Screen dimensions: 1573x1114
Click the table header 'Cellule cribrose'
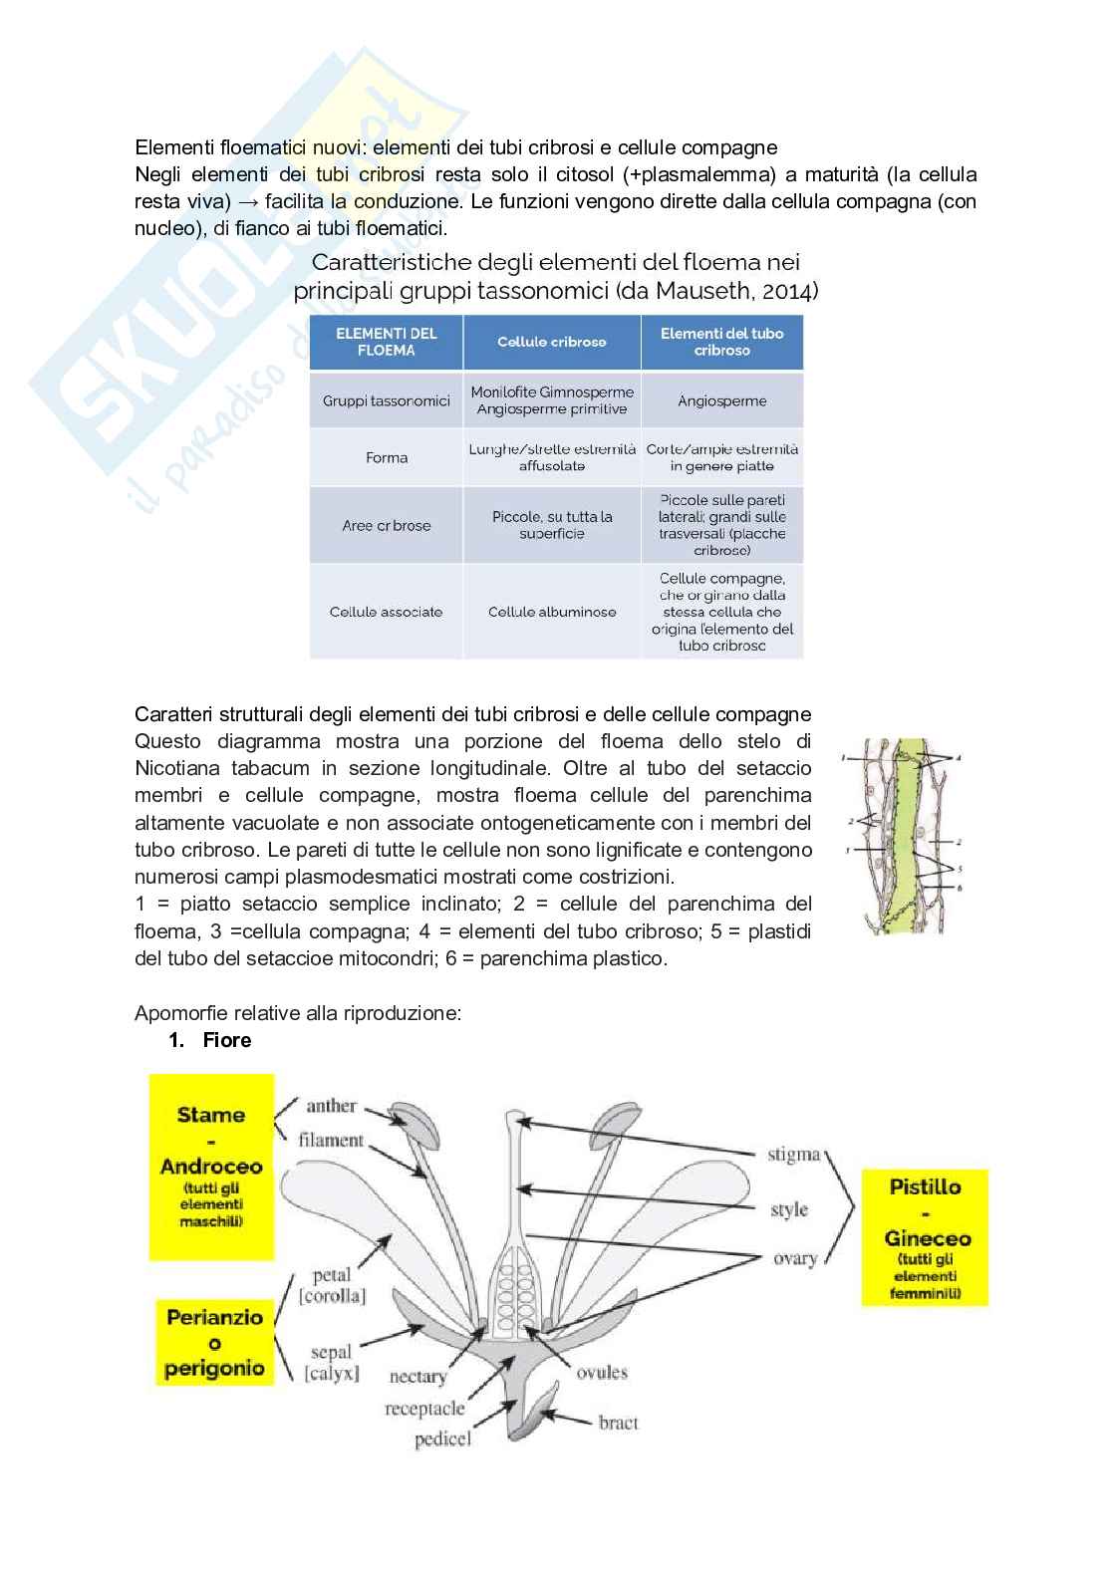pyautogui.click(x=551, y=342)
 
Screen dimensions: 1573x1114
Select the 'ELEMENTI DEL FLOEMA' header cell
pyautogui.click(x=387, y=342)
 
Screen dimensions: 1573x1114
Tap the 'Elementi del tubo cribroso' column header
pyautogui.click(x=721, y=342)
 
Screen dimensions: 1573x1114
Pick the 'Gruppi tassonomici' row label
pyautogui.click(x=387, y=400)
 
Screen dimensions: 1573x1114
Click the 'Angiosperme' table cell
pyautogui.click(x=721, y=400)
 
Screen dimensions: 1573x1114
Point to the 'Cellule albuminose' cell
pyautogui.click(x=551, y=612)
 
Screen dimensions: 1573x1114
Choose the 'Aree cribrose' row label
pyautogui.click(x=387, y=525)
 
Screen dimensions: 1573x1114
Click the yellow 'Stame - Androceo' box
pyautogui.click(x=211, y=1166)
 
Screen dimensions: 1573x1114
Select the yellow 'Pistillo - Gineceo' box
pyautogui.click(x=925, y=1237)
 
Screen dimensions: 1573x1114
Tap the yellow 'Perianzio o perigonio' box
pyautogui.click(x=214, y=1342)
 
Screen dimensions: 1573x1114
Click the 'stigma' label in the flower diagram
pyautogui.click(x=793, y=1155)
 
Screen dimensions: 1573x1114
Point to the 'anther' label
pyautogui.click(x=332, y=1105)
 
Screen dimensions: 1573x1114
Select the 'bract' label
pyautogui.click(x=618, y=1422)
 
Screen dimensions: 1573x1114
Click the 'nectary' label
pyautogui.click(x=418, y=1376)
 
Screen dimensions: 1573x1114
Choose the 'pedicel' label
pyautogui.click(x=442, y=1439)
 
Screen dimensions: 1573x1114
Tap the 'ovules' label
pyautogui.click(x=602, y=1372)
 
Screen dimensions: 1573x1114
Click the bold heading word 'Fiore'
pyautogui.click(x=227, y=1040)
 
